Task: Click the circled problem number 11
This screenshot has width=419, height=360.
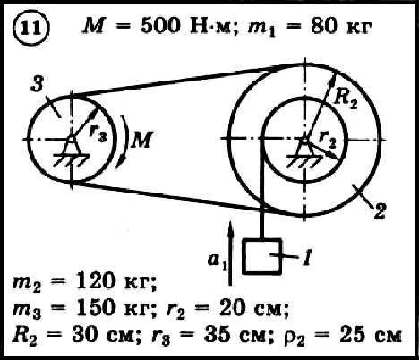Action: coord(30,29)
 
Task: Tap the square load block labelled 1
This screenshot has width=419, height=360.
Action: coord(262,256)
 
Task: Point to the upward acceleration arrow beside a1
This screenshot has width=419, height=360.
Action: coord(230,253)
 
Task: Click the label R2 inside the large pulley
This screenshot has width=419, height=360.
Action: coord(346,99)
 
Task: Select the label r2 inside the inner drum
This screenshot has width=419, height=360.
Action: coord(328,140)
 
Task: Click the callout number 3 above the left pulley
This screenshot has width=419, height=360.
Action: coord(38,83)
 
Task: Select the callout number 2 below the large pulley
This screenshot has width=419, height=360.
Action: coord(380,211)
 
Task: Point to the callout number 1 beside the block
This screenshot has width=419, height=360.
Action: coord(307,257)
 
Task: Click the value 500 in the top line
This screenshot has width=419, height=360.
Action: coord(160,25)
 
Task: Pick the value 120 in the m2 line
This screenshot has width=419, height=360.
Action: coord(95,281)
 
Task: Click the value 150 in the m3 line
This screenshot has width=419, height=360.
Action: coord(95,307)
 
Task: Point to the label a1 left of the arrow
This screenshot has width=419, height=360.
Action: coord(217,261)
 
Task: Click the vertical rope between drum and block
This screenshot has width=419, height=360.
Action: coord(262,188)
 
